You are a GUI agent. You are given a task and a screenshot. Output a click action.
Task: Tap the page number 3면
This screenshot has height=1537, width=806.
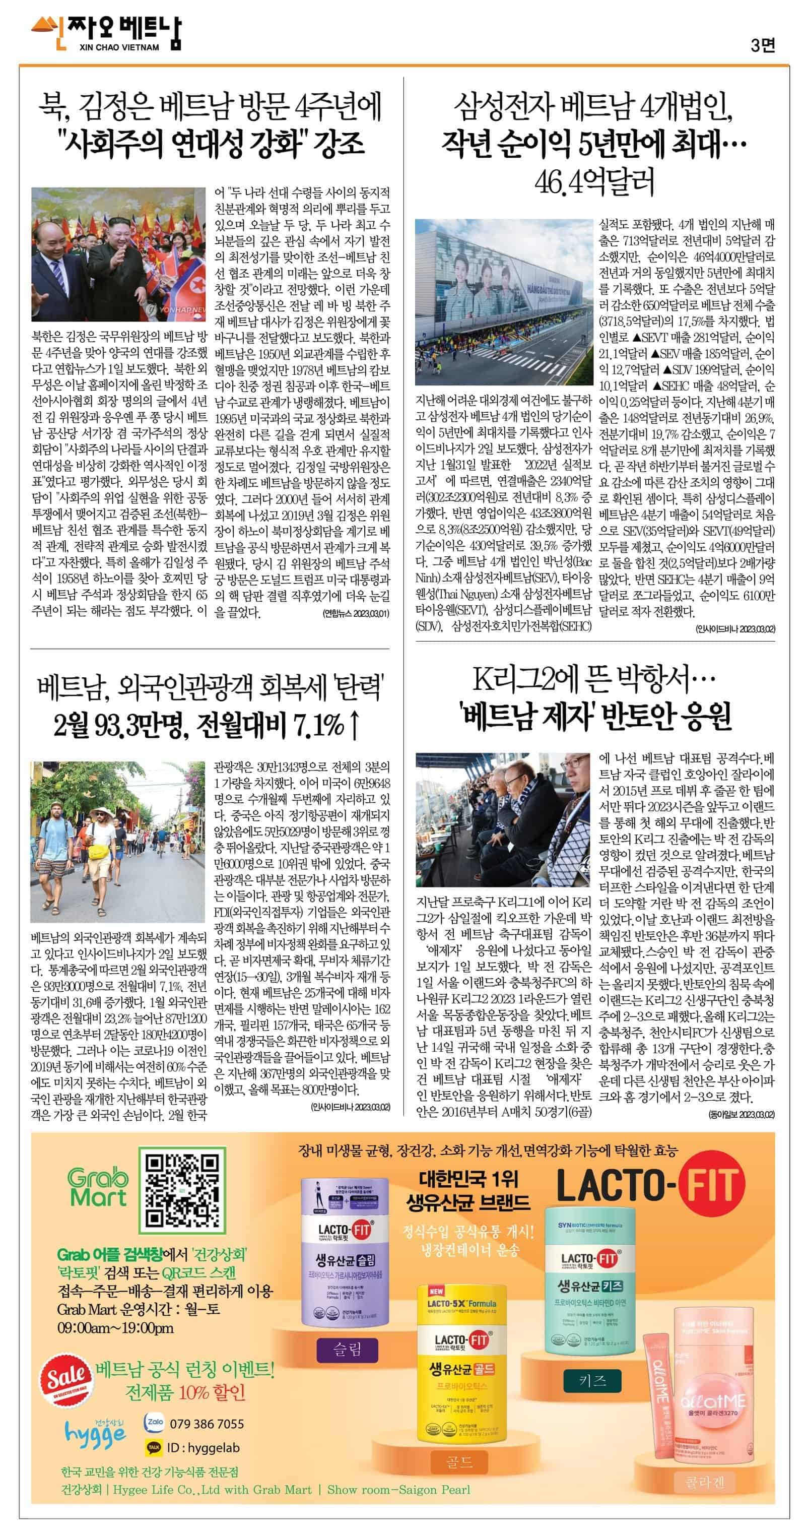tap(763, 45)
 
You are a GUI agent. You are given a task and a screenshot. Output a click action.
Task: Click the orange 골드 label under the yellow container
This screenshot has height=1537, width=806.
tap(459, 1461)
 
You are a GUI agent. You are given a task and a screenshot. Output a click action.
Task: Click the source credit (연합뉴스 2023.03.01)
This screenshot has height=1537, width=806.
tap(355, 613)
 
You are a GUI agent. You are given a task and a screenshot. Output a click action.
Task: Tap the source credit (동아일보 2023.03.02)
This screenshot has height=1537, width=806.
tap(741, 1114)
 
